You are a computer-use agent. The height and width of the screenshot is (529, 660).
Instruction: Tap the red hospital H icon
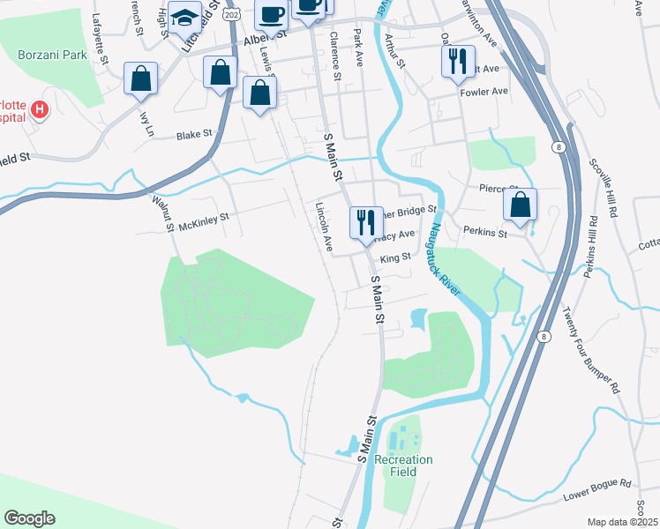(39, 110)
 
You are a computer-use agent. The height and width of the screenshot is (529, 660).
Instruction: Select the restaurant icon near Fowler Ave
(455, 61)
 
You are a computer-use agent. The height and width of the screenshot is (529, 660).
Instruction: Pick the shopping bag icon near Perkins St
(521, 205)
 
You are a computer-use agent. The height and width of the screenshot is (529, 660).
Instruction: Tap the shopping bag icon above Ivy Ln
(140, 78)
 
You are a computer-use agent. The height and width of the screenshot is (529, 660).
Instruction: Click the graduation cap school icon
(185, 18)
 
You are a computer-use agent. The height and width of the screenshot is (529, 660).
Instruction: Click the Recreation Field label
(403, 466)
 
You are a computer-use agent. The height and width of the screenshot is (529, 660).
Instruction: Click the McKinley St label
(203, 221)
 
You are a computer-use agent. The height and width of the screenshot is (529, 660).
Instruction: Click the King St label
(394, 258)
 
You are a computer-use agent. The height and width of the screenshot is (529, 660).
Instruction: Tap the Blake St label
(194, 136)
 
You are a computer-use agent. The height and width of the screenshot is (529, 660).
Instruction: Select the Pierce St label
(497, 188)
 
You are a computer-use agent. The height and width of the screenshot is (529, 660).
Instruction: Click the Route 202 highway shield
(231, 14)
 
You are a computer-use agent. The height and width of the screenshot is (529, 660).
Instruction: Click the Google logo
(29, 518)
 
